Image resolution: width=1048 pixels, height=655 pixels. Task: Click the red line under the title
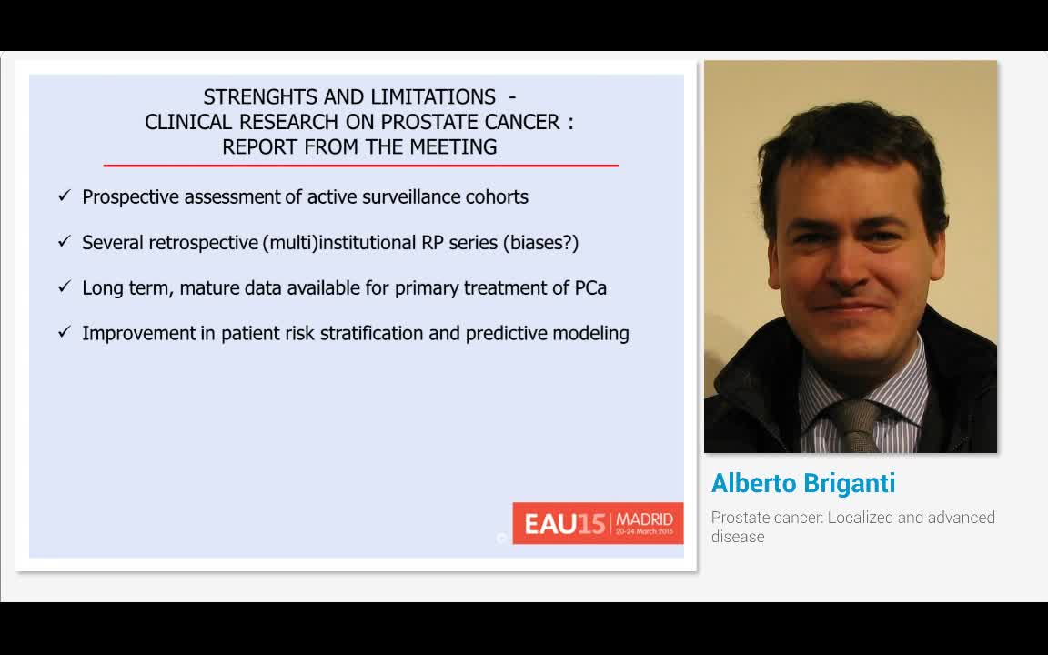tap(360, 166)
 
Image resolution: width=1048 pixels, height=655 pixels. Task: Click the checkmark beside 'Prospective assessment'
tap(64, 196)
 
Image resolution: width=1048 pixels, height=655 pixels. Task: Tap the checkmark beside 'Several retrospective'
tap(64, 241)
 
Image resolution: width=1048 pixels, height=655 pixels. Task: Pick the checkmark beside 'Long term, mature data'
tap(64, 287)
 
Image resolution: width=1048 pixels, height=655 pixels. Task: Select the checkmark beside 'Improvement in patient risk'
tap(64, 332)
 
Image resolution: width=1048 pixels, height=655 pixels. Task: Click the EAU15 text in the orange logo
tap(564, 525)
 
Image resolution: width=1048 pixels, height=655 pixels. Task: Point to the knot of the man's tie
tap(852, 414)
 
